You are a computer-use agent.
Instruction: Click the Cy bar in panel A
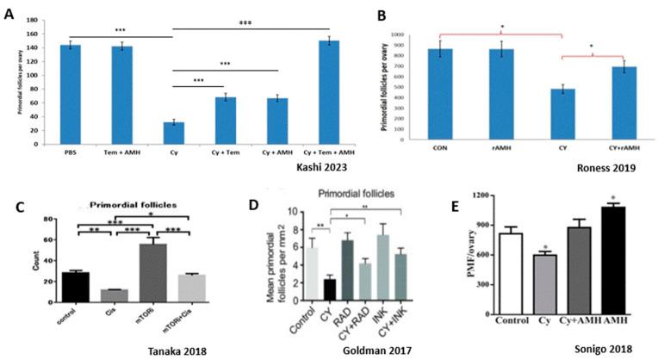173,133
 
